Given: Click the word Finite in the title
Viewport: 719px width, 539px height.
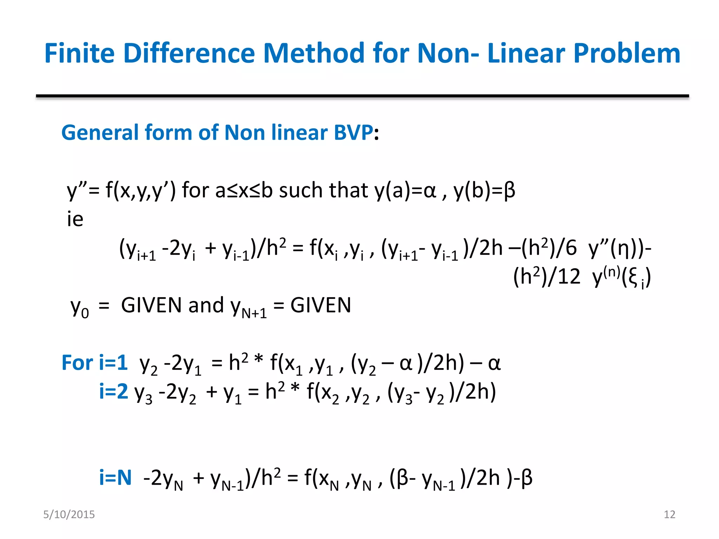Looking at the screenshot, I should click(x=79, y=53).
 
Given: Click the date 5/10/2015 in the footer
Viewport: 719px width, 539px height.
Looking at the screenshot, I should click(x=69, y=514).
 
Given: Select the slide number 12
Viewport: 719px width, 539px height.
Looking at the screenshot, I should click(x=669, y=514).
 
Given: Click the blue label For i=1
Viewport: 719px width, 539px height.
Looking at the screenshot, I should click(x=94, y=363).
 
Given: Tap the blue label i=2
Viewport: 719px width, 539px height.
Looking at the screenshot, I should click(x=113, y=392).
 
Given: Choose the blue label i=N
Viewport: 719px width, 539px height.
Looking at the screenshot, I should click(x=115, y=478).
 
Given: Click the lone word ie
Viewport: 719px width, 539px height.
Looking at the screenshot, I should click(x=75, y=219).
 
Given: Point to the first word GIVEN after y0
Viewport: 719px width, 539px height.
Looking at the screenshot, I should click(x=151, y=305).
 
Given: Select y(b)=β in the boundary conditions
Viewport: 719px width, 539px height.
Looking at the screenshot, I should click(x=484, y=191).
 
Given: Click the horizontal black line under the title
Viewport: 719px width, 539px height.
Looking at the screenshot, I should click(x=362, y=96).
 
